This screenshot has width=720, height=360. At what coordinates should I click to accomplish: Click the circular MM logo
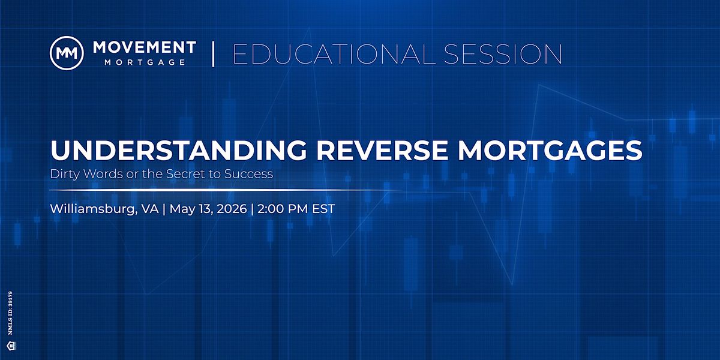(67, 53)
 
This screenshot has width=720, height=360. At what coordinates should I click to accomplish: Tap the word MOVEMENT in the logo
(145, 47)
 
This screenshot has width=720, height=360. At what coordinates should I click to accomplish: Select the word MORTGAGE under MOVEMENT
(145, 62)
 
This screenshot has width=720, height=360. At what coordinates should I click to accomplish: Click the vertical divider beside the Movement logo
(213, 53)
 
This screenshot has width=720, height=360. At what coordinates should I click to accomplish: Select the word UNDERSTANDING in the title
(179, 150)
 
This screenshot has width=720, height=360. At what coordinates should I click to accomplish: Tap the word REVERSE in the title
(382, 150)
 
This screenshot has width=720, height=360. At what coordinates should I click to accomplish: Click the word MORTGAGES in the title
(550, 150)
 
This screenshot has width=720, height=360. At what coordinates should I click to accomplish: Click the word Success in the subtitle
(249, 173)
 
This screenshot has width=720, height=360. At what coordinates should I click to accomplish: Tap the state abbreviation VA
(150, 209)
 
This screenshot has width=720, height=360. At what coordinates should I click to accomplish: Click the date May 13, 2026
(208, 209)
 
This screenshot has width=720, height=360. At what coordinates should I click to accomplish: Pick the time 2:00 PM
(283, 209)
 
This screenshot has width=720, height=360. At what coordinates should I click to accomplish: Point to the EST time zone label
(323, 209)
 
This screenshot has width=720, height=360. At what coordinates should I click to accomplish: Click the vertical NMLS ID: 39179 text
(11, 313)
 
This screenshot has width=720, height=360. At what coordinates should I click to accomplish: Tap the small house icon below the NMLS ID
(11, 346)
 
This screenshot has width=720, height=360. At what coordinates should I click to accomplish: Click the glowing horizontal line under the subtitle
(225, 190)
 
